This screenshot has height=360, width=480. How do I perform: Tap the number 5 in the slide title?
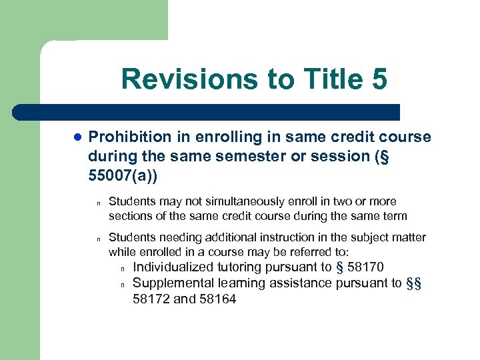377,79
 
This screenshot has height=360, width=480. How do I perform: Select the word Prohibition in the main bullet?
129,137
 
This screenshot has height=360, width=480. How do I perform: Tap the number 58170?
365,267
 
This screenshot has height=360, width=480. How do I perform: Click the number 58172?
151,299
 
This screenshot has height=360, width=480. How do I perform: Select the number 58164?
217,299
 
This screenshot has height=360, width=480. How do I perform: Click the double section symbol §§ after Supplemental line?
413,283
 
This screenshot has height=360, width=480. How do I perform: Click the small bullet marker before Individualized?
123,269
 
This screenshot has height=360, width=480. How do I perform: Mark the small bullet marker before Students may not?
98,203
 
